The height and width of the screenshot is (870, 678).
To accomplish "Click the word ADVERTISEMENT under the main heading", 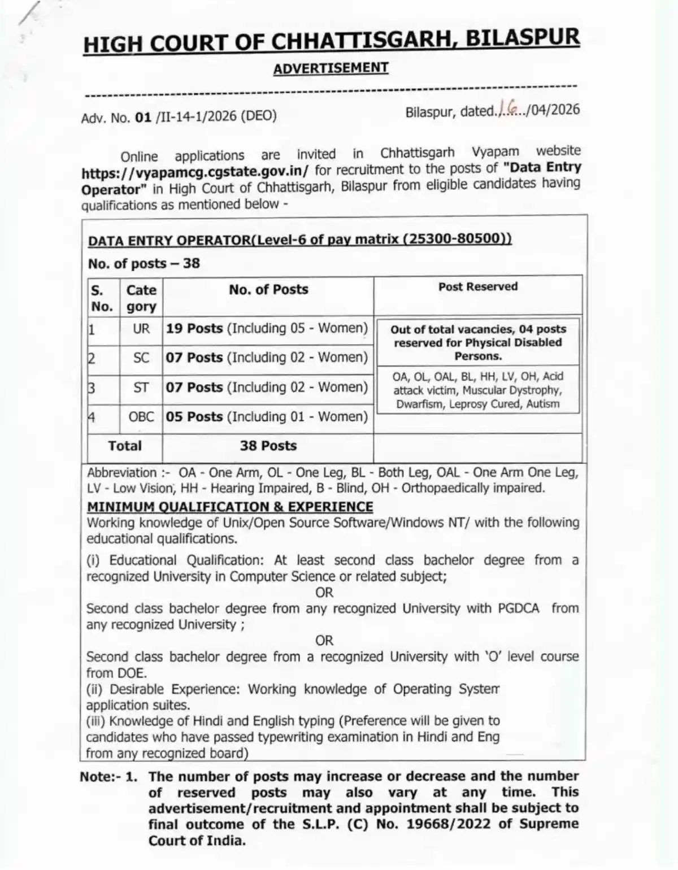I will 331,68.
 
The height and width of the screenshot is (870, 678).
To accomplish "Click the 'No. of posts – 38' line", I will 144,264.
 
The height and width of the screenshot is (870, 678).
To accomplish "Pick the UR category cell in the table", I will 141,329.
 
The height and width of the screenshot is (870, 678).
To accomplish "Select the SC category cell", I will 141,358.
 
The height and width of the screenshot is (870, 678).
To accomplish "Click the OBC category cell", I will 141,417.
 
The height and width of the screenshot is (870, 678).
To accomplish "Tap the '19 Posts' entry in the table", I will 194,329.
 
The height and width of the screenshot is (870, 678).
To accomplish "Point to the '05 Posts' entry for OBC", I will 194,417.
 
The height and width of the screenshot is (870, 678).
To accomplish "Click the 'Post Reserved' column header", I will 478,287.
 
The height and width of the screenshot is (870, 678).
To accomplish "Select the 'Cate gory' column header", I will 141,298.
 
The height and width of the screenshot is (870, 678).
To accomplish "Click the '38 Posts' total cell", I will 268,446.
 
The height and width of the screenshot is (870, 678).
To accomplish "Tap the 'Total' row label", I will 125,446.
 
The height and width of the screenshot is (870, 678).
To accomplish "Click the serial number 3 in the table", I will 92,389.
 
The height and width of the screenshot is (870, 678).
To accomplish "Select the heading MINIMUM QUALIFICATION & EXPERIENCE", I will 230,507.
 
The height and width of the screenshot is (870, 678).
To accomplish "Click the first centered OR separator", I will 324,593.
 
